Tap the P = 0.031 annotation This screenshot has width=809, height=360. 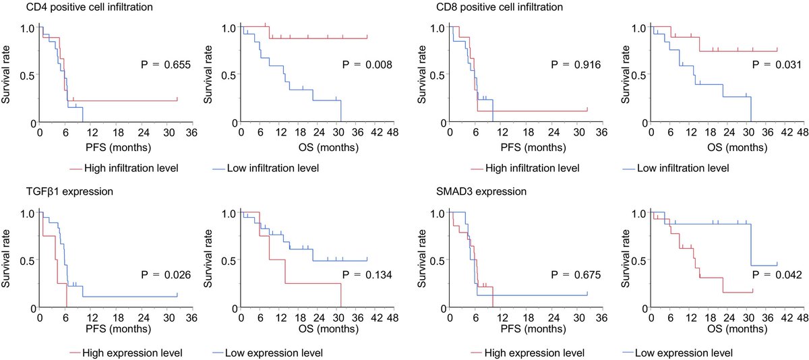point(775,65)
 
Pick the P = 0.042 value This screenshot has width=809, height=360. point(775,274)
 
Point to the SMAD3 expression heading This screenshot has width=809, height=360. point(471,191)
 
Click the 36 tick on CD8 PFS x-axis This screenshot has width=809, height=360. point(603,133)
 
